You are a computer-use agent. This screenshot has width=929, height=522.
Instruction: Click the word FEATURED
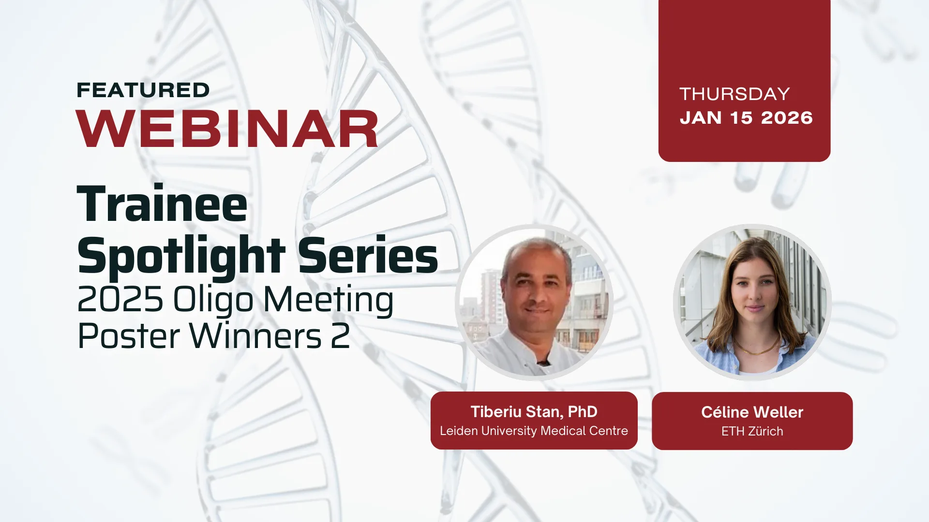pos(143,90)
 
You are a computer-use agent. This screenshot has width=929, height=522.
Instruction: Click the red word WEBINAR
pos(227,129)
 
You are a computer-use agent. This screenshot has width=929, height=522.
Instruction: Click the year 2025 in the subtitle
pos(120,299)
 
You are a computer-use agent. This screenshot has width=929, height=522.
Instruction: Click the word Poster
pos(129,336)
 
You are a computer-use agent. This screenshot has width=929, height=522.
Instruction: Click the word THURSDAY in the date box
pos(734,94)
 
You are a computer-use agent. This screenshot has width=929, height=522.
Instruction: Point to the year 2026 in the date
pos(787,118)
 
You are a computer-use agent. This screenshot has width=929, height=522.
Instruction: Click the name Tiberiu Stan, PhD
pos(534,412)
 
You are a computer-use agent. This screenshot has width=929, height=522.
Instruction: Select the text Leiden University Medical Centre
pos(534,431)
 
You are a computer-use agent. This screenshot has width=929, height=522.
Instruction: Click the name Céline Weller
pos(752,412)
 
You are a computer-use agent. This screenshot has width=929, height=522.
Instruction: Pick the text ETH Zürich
pos(752,431)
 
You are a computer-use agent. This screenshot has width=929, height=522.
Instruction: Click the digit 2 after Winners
pos(341,336)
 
